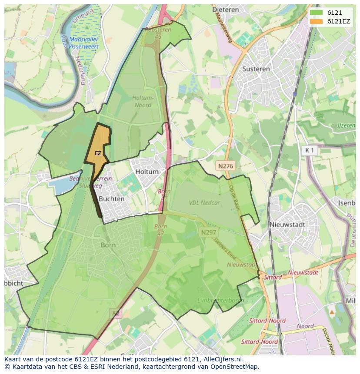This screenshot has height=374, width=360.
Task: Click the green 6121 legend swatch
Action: pyautogui.click(x=316, y=13)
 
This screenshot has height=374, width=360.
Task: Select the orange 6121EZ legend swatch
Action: pyautogui.click(x=316, y=21)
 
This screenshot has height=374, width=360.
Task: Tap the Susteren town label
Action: pyautogui.click(x=256, y=69)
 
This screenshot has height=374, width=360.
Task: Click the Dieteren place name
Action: pyautogui.click(x=227, y=9)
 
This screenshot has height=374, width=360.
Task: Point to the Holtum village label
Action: pyautogui.click(x=147, y=172)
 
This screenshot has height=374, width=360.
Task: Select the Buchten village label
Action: pyautogui.click(x=112, y=199)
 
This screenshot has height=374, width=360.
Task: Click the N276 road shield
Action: pyautogui.click(x=226, y=165)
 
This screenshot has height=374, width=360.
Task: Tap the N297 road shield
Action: pyautogui.click(x=209, y=233)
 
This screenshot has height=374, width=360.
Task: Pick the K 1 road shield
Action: pyautogui.click(x=310, y=150)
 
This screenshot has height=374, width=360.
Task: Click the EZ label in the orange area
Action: pyautogui.click(x=98, y=153)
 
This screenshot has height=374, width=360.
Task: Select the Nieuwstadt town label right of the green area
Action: pyautogui.click(x=287, y=225)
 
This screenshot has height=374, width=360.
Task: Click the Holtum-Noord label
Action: pyautogui.click(x=142, y=101)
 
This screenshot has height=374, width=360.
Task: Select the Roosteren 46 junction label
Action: pyautogui.click(x=158, y=33)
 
